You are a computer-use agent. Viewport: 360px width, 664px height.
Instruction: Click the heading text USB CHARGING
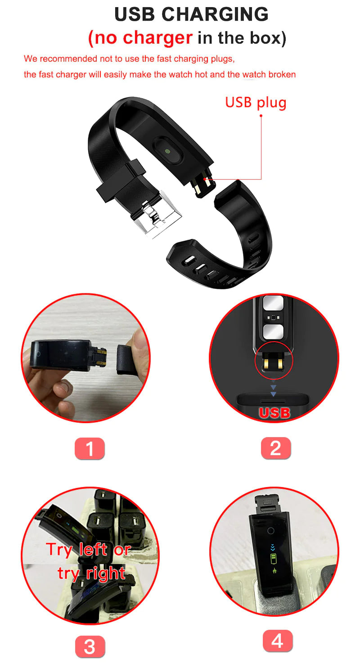[191, 14]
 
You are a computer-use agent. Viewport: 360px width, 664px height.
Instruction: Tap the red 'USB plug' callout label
[256, 102]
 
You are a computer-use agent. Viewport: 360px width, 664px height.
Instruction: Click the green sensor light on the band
[168, 152]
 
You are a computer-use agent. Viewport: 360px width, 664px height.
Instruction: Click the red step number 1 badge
[90, 448]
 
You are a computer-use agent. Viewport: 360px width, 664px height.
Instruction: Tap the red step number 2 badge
[275, 448]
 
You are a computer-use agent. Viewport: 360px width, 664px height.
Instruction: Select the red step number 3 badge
[90, 647]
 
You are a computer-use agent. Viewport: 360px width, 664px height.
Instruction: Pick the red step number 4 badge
[277, 641]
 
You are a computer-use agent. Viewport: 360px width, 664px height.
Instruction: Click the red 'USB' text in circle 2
[274, 412]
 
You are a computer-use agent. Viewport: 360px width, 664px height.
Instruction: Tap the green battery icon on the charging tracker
[273, 559]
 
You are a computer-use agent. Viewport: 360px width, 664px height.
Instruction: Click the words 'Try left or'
[88, 549]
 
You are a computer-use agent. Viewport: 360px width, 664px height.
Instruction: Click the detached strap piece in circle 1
[128, 358]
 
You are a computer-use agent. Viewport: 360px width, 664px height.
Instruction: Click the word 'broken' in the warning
[282, 74]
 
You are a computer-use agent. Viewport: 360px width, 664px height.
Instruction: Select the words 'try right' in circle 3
[91, 573]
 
